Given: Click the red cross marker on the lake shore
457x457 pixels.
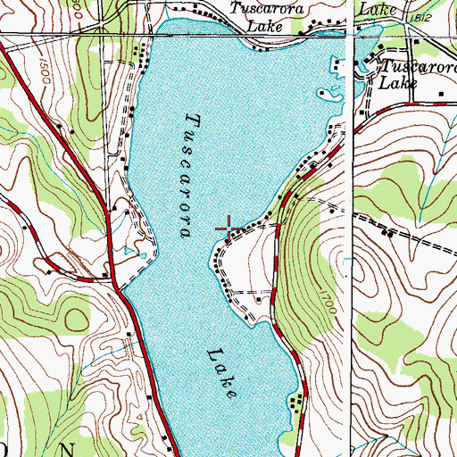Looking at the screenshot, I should (228, 230).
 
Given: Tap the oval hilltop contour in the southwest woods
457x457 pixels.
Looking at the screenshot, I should (71, 318).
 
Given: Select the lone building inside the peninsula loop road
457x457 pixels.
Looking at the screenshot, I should (259, 301).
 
